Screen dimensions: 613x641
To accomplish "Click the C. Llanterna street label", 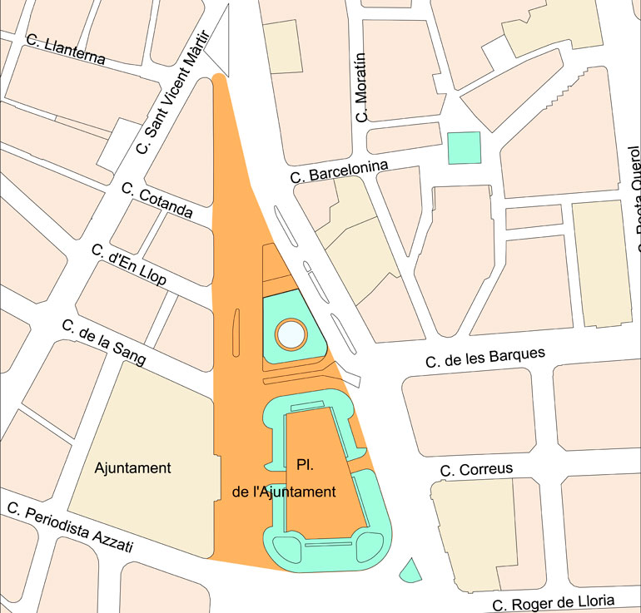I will [x=66, y=49].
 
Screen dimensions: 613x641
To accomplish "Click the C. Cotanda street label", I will [x=157, y=200].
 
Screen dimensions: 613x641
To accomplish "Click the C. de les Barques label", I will [x=485, y=358].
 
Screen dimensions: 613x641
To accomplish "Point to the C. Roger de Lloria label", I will [x=554, y=602].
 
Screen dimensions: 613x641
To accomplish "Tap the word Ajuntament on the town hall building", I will [x=133, y=467].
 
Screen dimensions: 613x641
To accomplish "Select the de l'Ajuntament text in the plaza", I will [x=284, y=492].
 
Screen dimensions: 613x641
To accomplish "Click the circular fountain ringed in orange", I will [x=291, y=334].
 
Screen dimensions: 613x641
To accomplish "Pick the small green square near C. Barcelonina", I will [x=464, y=147].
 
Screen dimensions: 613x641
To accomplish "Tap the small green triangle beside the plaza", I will [x=410, y=571].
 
